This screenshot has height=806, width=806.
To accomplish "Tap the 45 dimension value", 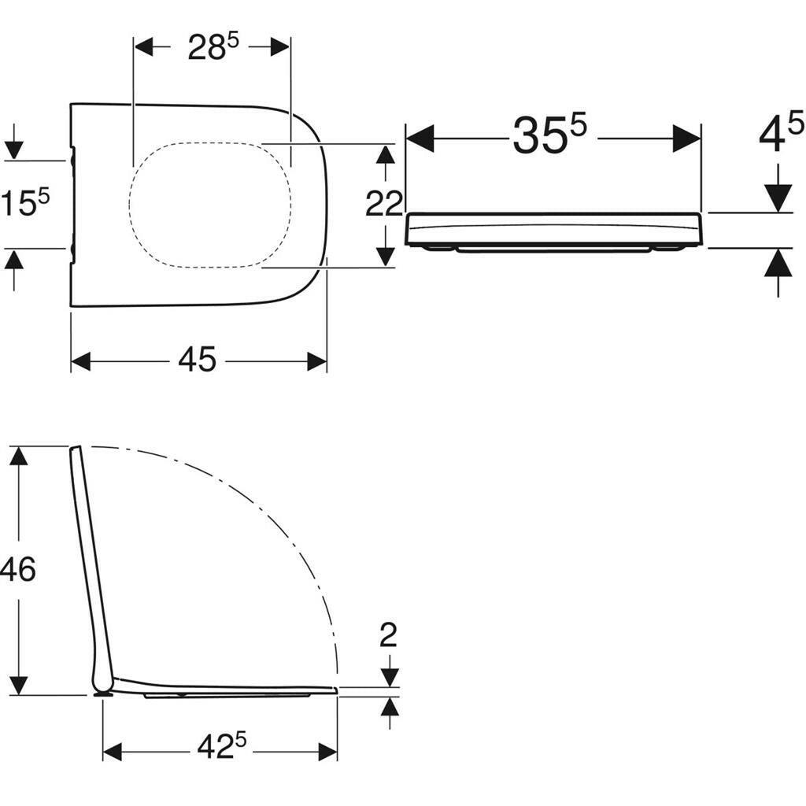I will click(x=197, y=360).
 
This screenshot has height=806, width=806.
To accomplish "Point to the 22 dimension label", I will click(x=384, y=205).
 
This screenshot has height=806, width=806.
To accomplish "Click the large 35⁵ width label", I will click(x=549, y=135).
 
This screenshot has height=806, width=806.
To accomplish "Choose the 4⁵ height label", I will click(x=781, y=132).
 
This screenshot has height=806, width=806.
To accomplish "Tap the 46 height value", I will click(x=17, y=568).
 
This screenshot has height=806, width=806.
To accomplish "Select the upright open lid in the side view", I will click(x=91, y=567).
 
